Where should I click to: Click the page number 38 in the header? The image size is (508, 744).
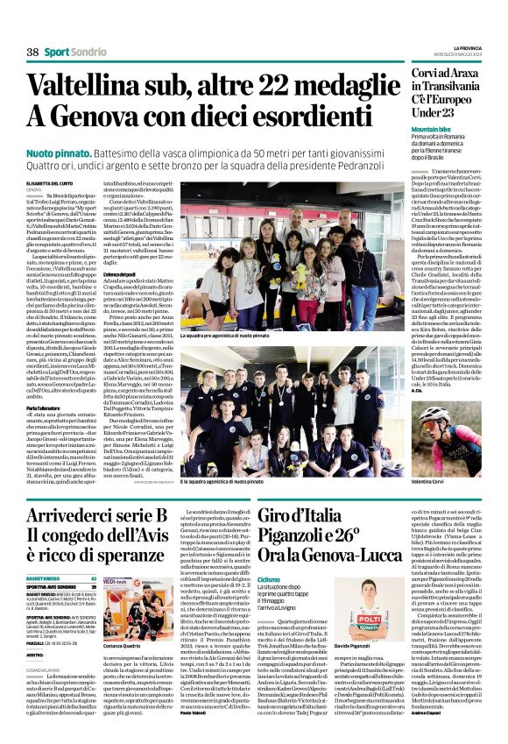32,53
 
